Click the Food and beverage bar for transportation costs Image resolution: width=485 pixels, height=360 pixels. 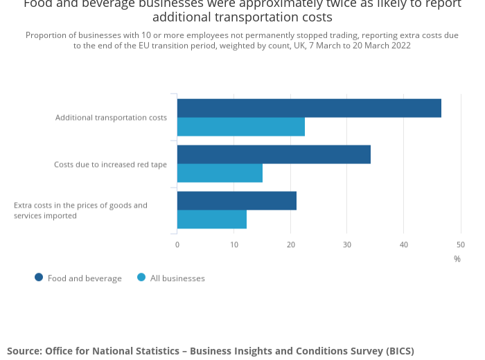[309, 108]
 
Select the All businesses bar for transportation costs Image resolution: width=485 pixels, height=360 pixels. [241, 127]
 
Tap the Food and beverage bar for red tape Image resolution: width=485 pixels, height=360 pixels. [274, 154]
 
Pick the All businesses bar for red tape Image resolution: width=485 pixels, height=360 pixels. [220, 173]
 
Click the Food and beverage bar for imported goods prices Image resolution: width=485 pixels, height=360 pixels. [237, 201]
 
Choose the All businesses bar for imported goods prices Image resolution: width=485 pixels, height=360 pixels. [212, 219]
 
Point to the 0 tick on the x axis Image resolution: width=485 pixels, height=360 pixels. [177, 244]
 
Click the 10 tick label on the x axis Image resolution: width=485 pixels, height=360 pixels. [234, 244]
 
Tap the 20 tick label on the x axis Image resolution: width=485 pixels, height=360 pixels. [291, 244]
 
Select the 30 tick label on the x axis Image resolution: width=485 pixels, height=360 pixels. [347, 244]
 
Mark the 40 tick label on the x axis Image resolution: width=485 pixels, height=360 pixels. [404, 244]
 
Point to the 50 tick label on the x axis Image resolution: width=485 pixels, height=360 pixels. [461, 244]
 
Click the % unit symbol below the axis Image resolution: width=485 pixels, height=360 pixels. [457, 259]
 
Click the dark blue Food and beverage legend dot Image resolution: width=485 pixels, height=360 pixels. [39, 278]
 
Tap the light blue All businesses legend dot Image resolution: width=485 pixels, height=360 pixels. [141, 278]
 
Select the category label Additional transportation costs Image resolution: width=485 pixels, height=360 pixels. [111, 118]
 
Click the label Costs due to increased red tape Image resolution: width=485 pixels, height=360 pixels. [110, 165]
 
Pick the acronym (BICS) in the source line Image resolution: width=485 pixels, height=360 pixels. [397, 351]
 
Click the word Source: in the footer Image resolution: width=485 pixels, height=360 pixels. [24, 351]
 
